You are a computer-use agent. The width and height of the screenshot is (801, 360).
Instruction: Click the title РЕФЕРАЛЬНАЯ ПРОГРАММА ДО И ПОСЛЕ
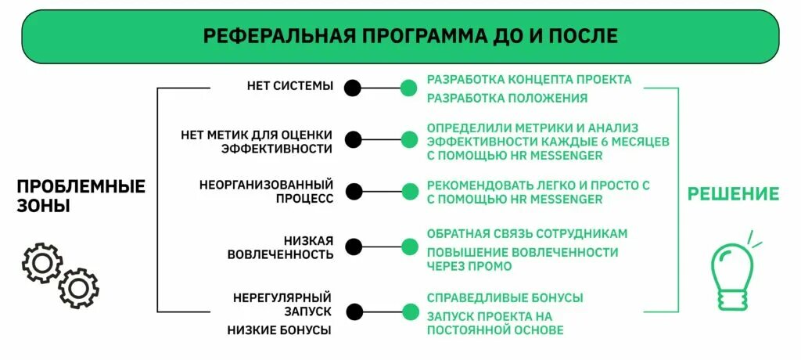(410, 36)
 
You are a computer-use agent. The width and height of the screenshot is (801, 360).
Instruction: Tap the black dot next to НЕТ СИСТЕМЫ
(354, 88)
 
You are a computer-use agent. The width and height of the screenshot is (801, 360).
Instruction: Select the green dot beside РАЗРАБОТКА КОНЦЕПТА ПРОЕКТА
(408, 88)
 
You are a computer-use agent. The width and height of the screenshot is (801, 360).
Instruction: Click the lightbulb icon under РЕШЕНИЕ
(733, 274)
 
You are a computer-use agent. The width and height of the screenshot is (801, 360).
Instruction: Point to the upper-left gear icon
(42, 263)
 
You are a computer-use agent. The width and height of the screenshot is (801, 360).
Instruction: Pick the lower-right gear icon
(79, 288)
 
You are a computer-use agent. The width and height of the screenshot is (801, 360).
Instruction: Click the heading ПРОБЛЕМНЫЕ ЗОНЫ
(81, 196)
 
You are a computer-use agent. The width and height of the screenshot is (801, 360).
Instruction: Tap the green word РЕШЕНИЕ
(733, 194)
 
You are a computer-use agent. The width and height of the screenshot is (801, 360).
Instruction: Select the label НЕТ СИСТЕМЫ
(289, 86)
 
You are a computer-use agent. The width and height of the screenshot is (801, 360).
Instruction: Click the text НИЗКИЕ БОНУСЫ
(279, 330)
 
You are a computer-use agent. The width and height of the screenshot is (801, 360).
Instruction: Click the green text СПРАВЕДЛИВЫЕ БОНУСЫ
(505, 298)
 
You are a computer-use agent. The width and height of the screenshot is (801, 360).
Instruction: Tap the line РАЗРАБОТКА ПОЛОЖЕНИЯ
(507, 99)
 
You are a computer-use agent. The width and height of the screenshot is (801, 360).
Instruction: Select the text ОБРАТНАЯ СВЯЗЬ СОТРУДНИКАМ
(527, 234)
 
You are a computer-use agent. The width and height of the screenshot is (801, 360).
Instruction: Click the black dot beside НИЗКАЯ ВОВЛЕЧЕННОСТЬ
(354, 247)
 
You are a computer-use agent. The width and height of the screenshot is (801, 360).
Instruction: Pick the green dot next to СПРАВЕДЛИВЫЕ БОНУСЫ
(408, 311)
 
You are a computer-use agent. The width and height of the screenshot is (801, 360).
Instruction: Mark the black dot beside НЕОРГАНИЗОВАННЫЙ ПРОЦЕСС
(354, 191)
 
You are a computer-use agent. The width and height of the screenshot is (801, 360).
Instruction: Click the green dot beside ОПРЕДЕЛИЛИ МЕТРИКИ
(408, 140)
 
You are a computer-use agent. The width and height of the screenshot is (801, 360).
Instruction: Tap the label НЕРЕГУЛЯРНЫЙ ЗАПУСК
(282, 304)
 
